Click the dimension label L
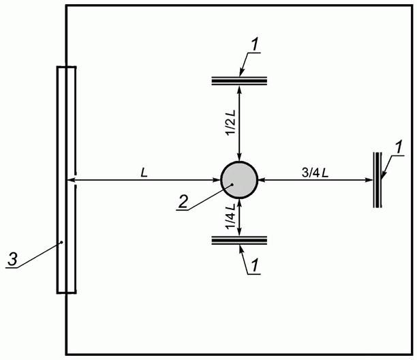point(144,173)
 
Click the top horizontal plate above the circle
point(239,81)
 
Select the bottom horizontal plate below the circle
point(239,239)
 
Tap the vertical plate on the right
point(377,179)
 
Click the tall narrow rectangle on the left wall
point(66,179)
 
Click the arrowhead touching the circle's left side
point(217,181)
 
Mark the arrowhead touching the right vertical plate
point(369,181)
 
